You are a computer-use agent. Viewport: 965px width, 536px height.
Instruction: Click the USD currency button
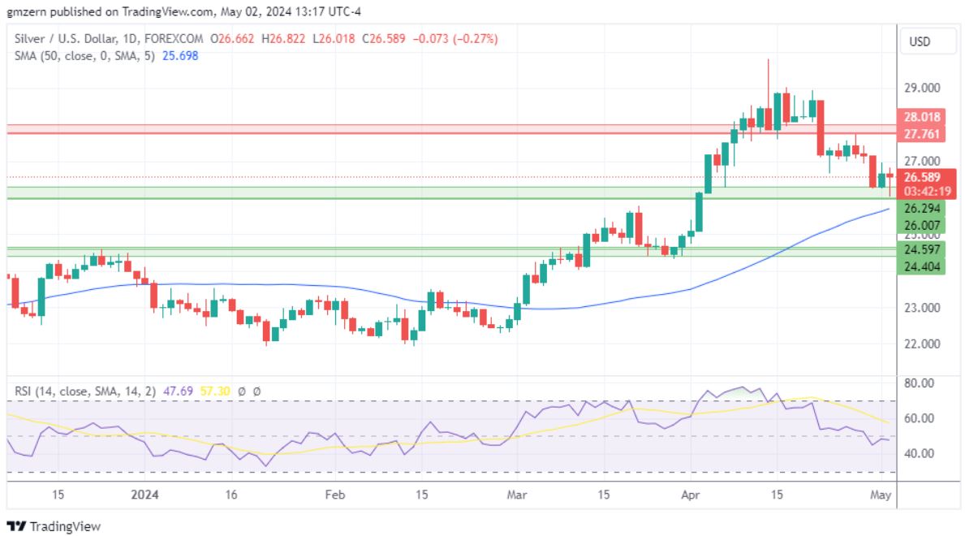920,41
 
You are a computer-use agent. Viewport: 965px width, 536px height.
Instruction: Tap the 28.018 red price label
921,117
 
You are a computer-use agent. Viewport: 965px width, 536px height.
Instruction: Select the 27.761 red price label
921,132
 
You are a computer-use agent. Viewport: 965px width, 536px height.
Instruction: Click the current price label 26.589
923,177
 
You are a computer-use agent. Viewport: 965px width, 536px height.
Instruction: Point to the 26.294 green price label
921,209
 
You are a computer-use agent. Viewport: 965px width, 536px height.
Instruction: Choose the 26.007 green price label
921,225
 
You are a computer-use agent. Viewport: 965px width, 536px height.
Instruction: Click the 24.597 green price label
921,249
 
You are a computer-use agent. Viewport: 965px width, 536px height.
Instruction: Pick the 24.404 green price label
921,266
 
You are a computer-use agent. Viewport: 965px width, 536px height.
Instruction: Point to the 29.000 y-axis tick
922,88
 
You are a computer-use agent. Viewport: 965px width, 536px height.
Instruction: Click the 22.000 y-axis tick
922,344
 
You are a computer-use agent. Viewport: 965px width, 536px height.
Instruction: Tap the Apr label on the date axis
690,494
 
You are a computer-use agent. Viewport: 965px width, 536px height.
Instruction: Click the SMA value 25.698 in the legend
180,55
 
